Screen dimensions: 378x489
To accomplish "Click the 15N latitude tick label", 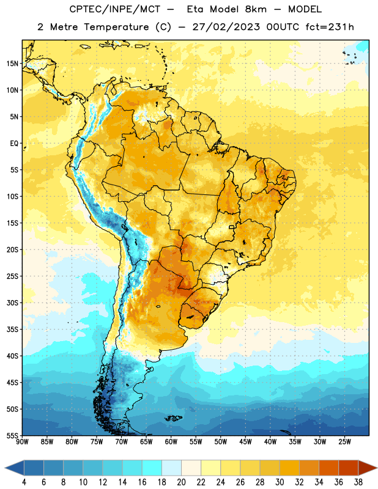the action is tap(12, 64).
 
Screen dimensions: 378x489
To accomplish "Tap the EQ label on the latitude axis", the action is tap(14, 144).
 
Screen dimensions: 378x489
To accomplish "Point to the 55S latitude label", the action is tap(12, 435).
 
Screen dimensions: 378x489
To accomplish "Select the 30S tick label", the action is tap(12, 303).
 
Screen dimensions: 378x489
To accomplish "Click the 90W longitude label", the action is tap(22, 442).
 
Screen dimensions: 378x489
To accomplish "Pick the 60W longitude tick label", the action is tap(171, 442).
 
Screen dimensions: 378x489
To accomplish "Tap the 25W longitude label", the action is tap(344, 442).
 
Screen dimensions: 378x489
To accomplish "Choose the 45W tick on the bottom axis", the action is tap(245, 442).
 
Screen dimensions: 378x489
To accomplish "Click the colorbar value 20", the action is tap(181, 482).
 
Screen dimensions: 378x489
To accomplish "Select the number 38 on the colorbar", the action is tap(358, 482).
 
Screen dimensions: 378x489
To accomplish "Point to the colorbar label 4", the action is tap(24, 482).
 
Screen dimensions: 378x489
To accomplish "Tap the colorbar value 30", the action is tap(280, 482).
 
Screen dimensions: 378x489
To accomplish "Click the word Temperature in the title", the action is tap(116, 27).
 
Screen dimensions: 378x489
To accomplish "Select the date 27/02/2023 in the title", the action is tap(226, 27).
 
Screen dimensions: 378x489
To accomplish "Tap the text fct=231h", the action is tap(330, 27).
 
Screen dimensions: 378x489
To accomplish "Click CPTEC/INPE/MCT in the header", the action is tap(114, 9).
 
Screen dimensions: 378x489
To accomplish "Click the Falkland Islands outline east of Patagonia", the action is tap(173, 418).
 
